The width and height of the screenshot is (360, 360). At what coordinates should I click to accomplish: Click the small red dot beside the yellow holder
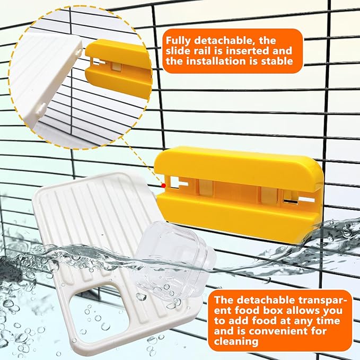pyautogui.click(x=163, y=186)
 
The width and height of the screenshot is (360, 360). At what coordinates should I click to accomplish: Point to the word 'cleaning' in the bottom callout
pyautogui.click(x=236, y=341)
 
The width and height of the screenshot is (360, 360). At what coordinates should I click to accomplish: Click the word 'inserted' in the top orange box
pyautogui.click(x=248, y=51)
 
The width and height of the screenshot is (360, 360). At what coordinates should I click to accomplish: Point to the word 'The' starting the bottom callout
pyautogui.click(x=225, y=300)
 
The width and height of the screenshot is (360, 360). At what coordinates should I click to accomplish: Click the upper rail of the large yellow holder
pyautogui.click(x=239, y=165)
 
